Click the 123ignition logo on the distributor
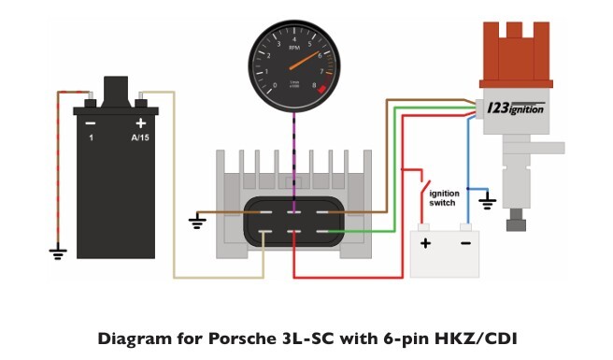coord(516,108)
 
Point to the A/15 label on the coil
coord(141,137)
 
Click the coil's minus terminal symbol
coord(91,122)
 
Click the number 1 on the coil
coord(91,137)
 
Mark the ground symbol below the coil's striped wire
coord(58,252)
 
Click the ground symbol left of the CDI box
coord(197,222)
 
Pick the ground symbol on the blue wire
coord(486,200)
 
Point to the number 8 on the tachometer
coord(314,84)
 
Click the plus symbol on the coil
coord(141,122)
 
